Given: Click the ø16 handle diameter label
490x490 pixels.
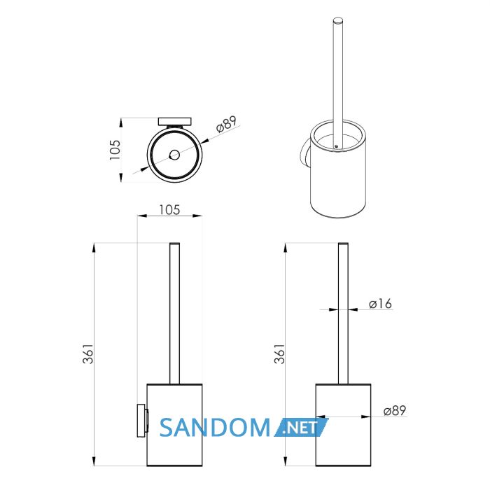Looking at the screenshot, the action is point(380,303).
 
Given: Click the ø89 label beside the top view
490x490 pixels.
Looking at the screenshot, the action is point(227,124).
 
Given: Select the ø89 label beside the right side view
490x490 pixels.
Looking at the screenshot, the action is point(395,411).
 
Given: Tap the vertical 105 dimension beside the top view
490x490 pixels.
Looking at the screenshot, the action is point(115,150).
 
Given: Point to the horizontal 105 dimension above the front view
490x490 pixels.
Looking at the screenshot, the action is point(169,210).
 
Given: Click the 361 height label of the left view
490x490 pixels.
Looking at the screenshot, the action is point(88,353).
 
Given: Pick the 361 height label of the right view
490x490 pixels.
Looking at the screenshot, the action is point(280,353).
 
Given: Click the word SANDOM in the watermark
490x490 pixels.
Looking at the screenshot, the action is point(215,428).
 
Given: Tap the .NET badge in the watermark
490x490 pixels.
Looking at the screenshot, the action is point(301,428).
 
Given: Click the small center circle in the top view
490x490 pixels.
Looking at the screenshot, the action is point(174,155).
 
